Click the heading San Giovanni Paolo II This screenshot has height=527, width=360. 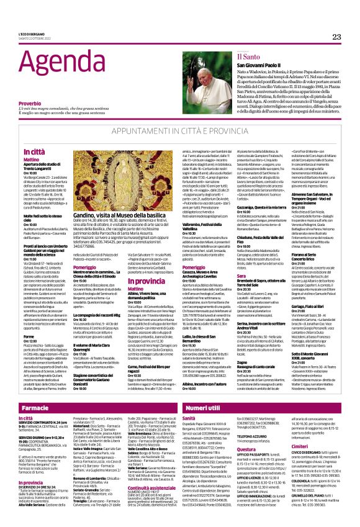[275, 65]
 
